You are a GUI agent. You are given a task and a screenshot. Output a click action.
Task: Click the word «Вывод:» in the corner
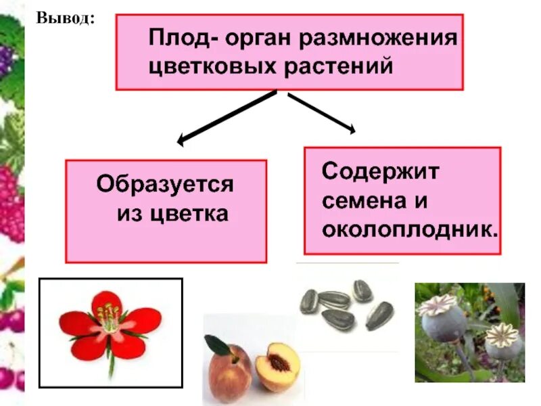click(65, 18)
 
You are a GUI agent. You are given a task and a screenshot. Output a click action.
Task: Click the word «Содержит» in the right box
click(380, 171)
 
